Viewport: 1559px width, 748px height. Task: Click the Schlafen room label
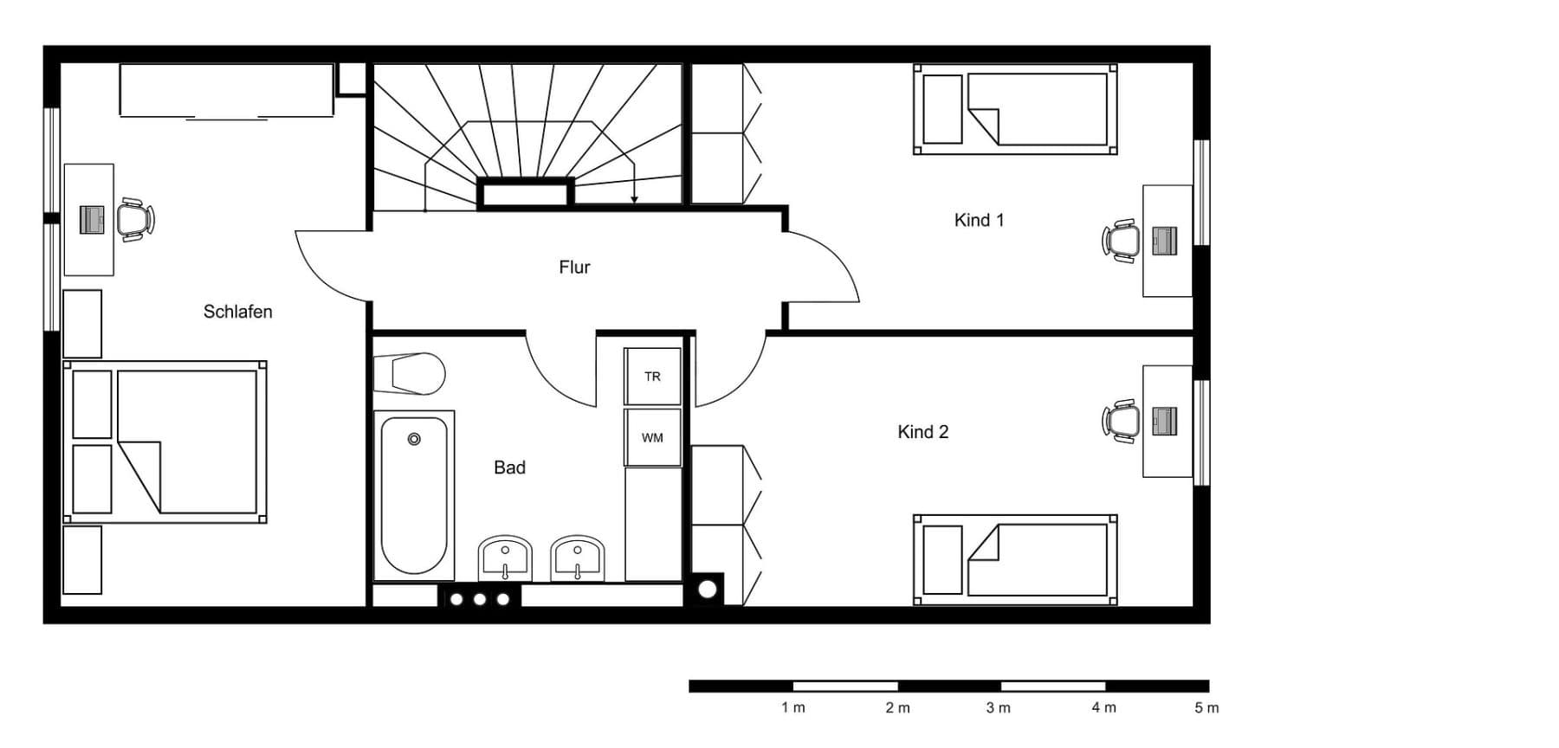(x=237, y=312)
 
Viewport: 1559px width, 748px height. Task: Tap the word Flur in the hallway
(x=574, y=268)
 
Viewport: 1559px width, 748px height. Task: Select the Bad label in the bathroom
(x=509, y=467)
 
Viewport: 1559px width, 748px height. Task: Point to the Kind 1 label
(x=979, y=220)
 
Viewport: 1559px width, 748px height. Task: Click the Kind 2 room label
(x=922, y=431)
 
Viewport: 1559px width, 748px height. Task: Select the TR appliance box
(x=652, y=377)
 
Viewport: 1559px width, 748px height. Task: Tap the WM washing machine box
(x=652, y=438)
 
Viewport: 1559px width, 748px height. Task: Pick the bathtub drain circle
(x=414, y=440)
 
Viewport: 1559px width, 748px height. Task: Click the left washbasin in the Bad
(x=505, y=558)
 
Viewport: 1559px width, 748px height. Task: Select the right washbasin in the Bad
(x=577, y=558)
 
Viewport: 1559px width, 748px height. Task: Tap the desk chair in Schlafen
(x=135, y=220)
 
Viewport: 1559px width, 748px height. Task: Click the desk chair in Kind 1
(x=1122, y=241)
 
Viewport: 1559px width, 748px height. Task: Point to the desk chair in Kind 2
(x=1122, y=421)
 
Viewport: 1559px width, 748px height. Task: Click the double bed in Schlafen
(x=165, y=442)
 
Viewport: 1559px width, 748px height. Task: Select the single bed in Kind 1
(x=1015, y=109)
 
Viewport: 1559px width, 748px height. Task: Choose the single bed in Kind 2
(x=1015, y=559)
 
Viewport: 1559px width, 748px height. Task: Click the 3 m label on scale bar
(x=998, y=708)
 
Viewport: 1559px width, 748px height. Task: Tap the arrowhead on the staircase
(x=634, y=200)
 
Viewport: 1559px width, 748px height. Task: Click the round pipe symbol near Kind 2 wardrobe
(x=708, y=590)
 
